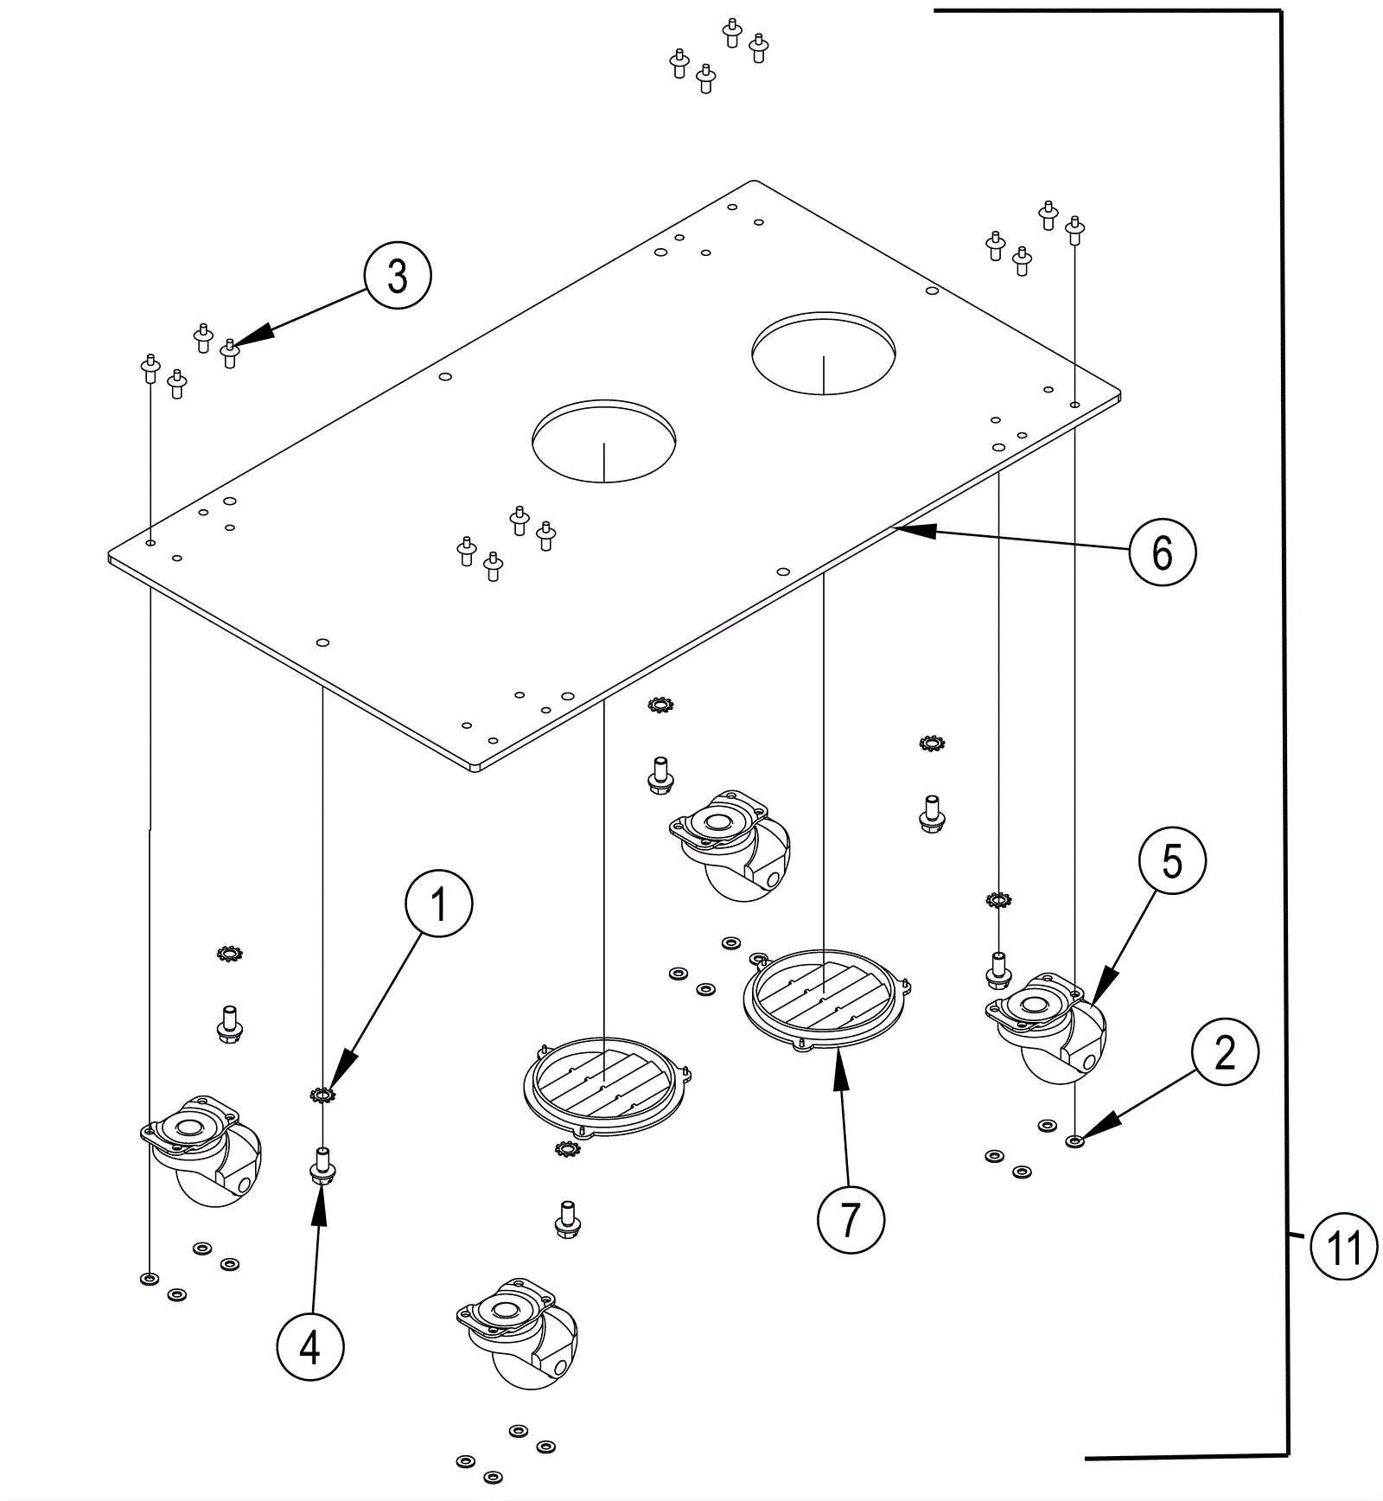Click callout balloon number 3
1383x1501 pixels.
pyautogui.click(x=398, y=277)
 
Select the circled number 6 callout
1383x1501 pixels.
pyautogui.click(x=1163, y=552)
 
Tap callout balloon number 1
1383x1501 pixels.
pyautogui.click(x=439, y=904)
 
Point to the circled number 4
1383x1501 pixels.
pyautogui.click(x=310, y=1347)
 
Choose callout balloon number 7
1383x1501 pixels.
pyautogui.click(x=851, y=1220)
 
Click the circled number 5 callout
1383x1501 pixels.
pyautogui.click(x=1172, y=861)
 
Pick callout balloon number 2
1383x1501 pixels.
pyautogui.click(x=1225, y=1053)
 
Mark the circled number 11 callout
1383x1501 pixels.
pyautogui.click(x=1343, y=1248)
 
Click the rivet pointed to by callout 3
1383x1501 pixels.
pyautogui.click(x=229, y=353)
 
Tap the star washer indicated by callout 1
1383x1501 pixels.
pyautogui.click(x=322, y=1095)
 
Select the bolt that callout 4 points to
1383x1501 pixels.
pyautogui.click(x=322, y=1163)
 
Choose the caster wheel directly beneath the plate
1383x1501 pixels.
pyautogui.click(x=730, y=846)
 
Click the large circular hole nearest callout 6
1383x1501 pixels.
pyautogui.click(x=604, y=440)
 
